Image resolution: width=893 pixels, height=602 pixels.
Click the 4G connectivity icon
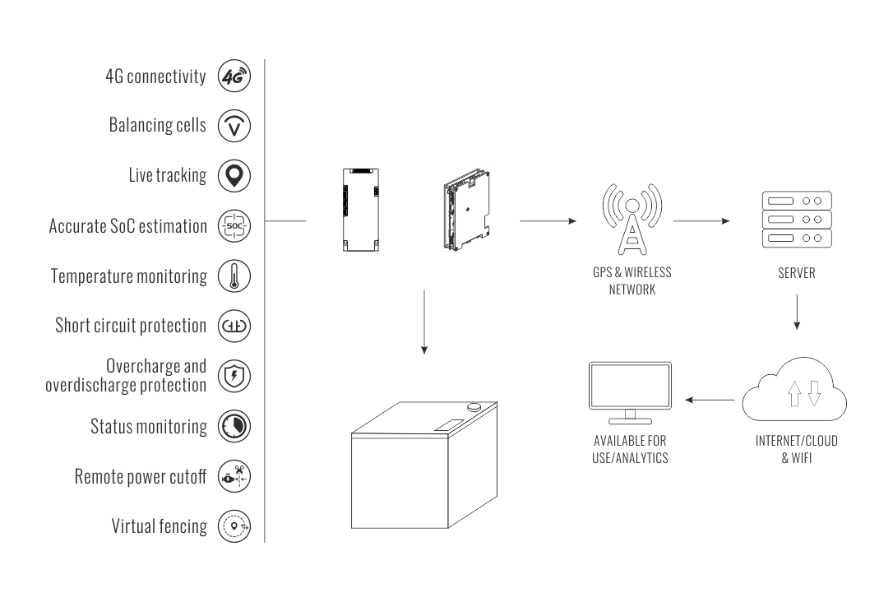(234, 76)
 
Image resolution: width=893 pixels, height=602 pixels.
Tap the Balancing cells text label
(157, 126)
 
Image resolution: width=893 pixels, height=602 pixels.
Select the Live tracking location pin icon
(234, 175)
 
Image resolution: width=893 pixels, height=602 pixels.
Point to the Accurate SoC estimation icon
(234, 225)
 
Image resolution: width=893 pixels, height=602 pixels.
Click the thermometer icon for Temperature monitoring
(234, 276)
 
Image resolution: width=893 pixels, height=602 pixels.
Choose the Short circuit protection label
(130, 326)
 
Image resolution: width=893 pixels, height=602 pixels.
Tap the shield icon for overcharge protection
(234, 376)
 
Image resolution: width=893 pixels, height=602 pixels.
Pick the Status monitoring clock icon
(234, 426)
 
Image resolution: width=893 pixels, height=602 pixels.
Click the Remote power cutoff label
(140, 476)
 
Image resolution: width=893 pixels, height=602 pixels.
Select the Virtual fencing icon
(234, 526)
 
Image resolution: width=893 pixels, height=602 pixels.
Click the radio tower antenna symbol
(631, 216)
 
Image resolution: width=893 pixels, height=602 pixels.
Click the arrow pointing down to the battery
(423, 322)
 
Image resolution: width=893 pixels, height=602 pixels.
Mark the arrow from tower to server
(701, 221)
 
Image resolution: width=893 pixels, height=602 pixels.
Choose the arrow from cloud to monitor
(710, 401)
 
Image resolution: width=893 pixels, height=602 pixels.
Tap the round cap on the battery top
(474, 406)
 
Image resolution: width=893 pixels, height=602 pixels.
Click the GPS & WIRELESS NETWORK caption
(631, 280)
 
